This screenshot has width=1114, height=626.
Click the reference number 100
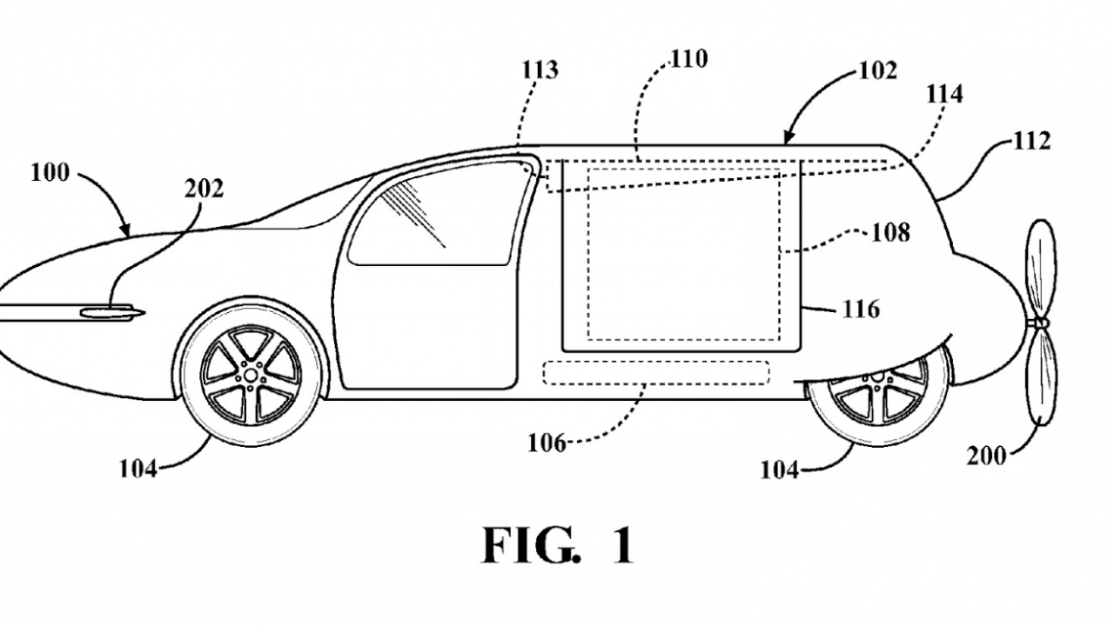point(50,173)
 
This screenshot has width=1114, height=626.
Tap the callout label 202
point(204,189)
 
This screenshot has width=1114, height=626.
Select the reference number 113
point(540,70)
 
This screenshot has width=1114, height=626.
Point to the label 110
point(689,59)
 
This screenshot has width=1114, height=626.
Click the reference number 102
point(878,70)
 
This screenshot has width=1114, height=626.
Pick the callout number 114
point(944,94)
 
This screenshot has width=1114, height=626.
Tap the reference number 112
point(1031,142)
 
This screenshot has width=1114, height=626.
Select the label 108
point(890,233)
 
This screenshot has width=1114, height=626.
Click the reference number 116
point(861,310)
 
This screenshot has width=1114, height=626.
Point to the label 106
point(547,443)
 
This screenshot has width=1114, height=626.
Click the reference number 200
point(987,456)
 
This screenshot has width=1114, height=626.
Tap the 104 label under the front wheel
point(138,469)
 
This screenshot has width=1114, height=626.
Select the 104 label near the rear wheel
point(780,469)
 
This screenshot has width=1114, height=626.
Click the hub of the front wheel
point(251,374)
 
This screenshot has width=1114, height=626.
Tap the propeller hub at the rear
point(1038,323)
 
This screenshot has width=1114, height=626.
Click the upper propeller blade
point(1040,269)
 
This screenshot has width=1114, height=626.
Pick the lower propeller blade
point(1043,376)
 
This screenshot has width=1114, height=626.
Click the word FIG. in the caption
point(531,545)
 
